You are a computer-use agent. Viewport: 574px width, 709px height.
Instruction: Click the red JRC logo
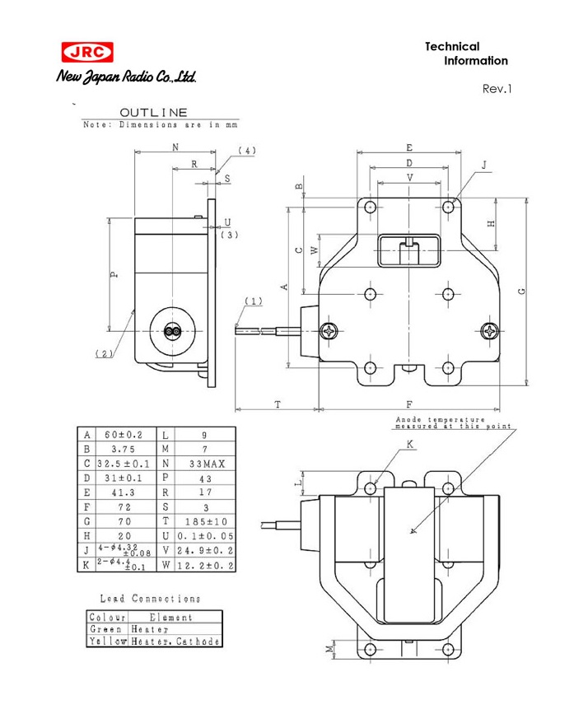click(86, 53)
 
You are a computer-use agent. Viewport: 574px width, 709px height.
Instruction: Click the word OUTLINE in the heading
click(153, 113)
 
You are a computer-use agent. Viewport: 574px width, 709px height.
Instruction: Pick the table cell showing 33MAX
click(203, 464)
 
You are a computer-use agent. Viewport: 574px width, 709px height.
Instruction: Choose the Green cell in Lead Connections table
click(107, 630)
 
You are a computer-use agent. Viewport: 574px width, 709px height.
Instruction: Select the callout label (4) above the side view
click(245, 151)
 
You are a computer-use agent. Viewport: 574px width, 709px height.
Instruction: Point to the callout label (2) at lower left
click(104, 353)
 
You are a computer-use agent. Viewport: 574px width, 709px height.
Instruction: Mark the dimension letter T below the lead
click(278, 403)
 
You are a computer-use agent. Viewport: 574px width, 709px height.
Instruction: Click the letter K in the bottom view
click(410, 445)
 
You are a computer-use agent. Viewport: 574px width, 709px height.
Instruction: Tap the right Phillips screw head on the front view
click(490, 331)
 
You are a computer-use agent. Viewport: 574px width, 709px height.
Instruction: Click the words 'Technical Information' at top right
click(466, 54)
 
